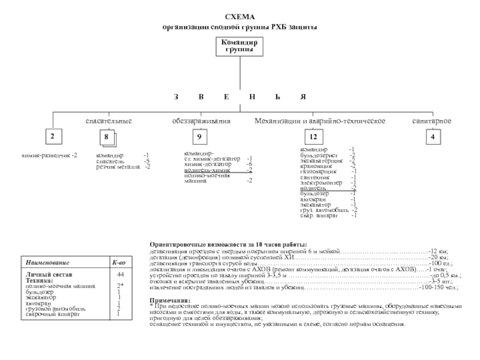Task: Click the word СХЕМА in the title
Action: (x=240, y=18)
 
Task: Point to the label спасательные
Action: (x=108, y=121)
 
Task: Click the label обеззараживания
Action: (x=201, y=121)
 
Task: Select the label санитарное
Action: (x=431, y=121)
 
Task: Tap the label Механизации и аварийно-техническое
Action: (x=319, y=121)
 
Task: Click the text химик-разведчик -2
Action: (x=49, y=155)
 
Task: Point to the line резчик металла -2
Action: (x=123, y=166)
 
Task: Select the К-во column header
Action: (x=119, y=263)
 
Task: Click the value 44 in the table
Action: (x=120, y=274)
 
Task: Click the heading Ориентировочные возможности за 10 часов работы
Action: (x=227, y=245)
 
